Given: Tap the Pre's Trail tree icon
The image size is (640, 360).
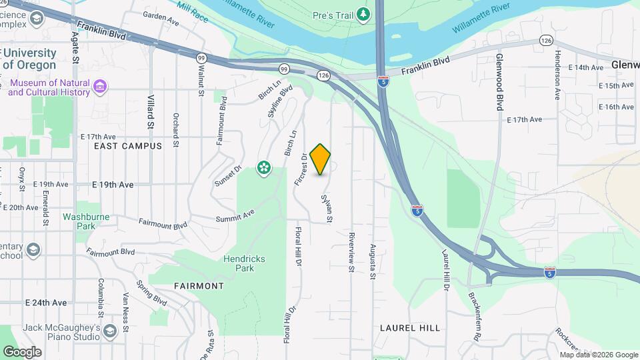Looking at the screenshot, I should click(363, 13).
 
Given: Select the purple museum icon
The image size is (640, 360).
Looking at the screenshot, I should click(100, 86).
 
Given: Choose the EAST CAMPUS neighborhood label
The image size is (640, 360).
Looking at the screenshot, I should click(128, 145).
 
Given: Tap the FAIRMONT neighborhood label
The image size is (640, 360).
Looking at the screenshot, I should click(199, 285).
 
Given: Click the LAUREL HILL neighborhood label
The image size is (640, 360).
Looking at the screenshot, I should click(410, 328).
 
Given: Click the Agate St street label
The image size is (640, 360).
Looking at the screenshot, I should click(75, 49).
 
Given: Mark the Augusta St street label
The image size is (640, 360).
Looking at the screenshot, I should click(373, 256).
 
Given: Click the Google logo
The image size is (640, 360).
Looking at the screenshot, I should click(22, 351).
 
